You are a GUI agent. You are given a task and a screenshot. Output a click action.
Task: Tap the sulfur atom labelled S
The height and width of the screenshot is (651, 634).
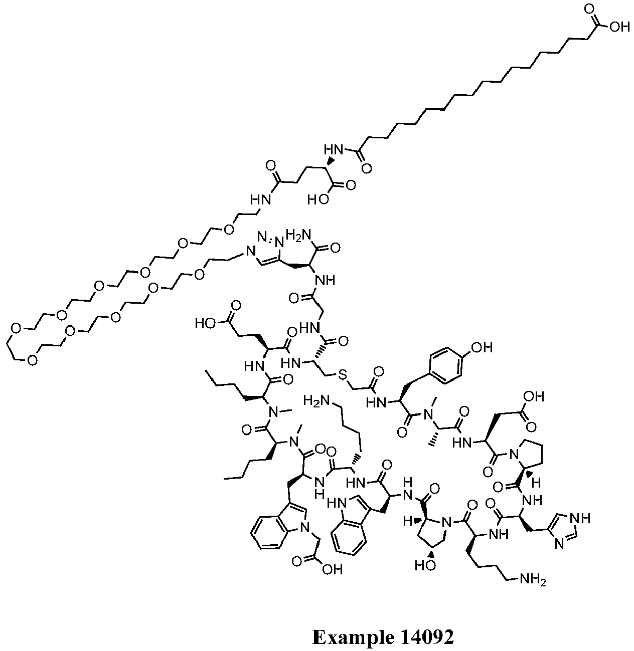342,375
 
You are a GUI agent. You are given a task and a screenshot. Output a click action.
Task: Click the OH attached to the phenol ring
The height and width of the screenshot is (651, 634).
482,347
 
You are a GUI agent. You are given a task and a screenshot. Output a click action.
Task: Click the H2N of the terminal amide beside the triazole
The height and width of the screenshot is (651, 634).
298,235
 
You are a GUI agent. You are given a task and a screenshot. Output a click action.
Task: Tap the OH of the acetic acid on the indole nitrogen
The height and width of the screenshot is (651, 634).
332,569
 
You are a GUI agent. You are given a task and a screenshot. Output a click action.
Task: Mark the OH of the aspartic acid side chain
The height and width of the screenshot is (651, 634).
534,397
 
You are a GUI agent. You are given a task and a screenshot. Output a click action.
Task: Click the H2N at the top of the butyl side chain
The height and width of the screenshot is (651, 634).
316,400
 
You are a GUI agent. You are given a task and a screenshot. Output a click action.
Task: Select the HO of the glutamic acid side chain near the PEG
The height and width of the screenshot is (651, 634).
206,323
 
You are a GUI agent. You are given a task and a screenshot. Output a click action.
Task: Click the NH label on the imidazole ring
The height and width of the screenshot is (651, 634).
580,519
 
